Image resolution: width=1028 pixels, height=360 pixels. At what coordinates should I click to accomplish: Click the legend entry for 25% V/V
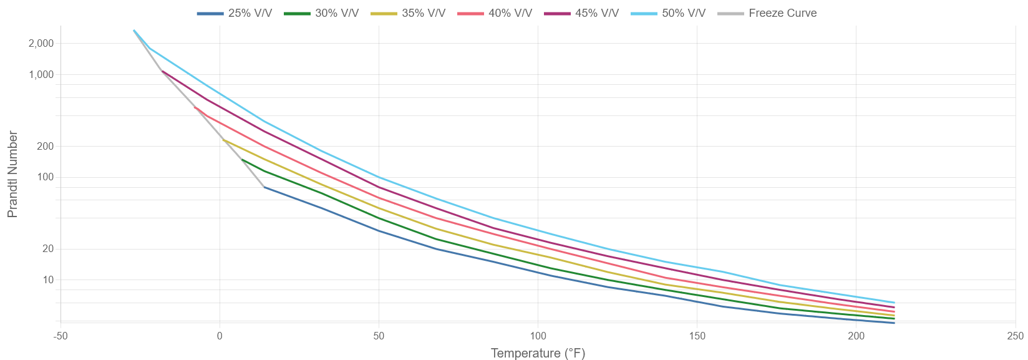click(235, 13)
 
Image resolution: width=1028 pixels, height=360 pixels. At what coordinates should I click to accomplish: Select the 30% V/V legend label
click(321, 13)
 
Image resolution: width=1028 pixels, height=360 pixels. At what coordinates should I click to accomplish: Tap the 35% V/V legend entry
click(408, 13)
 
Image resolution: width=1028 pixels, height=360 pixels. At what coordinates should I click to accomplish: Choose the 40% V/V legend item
click(495, 13)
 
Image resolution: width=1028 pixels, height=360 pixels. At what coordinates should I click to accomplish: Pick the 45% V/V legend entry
click(581, 13)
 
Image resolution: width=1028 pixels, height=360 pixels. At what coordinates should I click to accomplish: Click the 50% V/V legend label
click(668, 13)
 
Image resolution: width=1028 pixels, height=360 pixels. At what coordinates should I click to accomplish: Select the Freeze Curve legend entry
click(767, 13)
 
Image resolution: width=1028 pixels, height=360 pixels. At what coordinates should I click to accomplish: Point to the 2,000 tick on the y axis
click(41, 43)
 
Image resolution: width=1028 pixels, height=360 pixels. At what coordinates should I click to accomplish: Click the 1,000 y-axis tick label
click(41, 74)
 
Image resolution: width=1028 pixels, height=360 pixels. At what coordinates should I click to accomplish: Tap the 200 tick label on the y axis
click(46, 147)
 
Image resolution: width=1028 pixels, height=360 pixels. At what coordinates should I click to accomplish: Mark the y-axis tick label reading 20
click(48, 249)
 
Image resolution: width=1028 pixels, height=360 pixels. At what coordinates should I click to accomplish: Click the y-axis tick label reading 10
click(48, 280)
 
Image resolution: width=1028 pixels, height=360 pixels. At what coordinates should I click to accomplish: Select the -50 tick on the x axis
click(60, 336)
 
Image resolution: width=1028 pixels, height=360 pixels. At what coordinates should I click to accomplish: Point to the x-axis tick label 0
click(220, 336)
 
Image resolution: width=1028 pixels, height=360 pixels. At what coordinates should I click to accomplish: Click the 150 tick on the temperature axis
click(697, 336)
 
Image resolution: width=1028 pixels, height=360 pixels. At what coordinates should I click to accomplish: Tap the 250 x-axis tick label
click(1015, 336)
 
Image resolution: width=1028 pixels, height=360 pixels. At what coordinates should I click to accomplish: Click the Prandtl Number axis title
click(12, 174)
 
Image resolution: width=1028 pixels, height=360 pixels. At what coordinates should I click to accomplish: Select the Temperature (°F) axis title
click(538, 353)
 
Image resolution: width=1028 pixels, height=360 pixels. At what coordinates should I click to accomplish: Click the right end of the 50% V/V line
click(894, 303)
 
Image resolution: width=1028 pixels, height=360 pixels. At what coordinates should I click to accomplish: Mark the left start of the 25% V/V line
click(264, 187)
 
